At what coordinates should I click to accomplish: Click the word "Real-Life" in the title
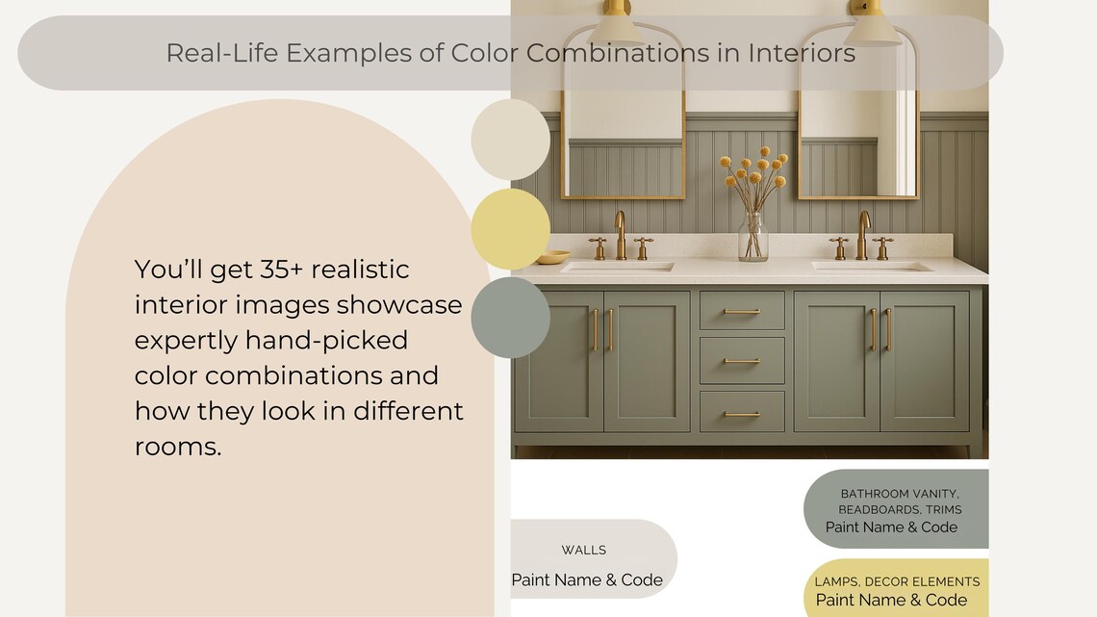point(221,53)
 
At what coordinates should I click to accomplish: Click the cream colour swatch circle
point(510,140)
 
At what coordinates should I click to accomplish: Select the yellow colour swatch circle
point(510,229)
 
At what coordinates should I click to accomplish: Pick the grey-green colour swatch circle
point(510,318)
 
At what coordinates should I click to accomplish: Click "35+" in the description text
point(281,270)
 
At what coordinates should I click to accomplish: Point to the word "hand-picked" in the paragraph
point(326,340)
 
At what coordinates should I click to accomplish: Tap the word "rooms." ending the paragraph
point(178,447)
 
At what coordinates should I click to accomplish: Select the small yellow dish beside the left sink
point(552,257)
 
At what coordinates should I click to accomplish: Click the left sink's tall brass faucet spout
point(620,234)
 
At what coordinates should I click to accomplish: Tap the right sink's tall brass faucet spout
point(864,234)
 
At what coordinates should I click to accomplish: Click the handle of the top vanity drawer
point(742,311)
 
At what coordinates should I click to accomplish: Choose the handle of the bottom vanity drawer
point(742,414)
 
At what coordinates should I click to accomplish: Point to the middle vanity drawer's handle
point(742,361)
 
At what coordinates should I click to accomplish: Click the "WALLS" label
point(583,550)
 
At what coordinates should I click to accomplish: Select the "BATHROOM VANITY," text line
point(900,494)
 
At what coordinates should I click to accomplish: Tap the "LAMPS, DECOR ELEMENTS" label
point(897,582)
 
